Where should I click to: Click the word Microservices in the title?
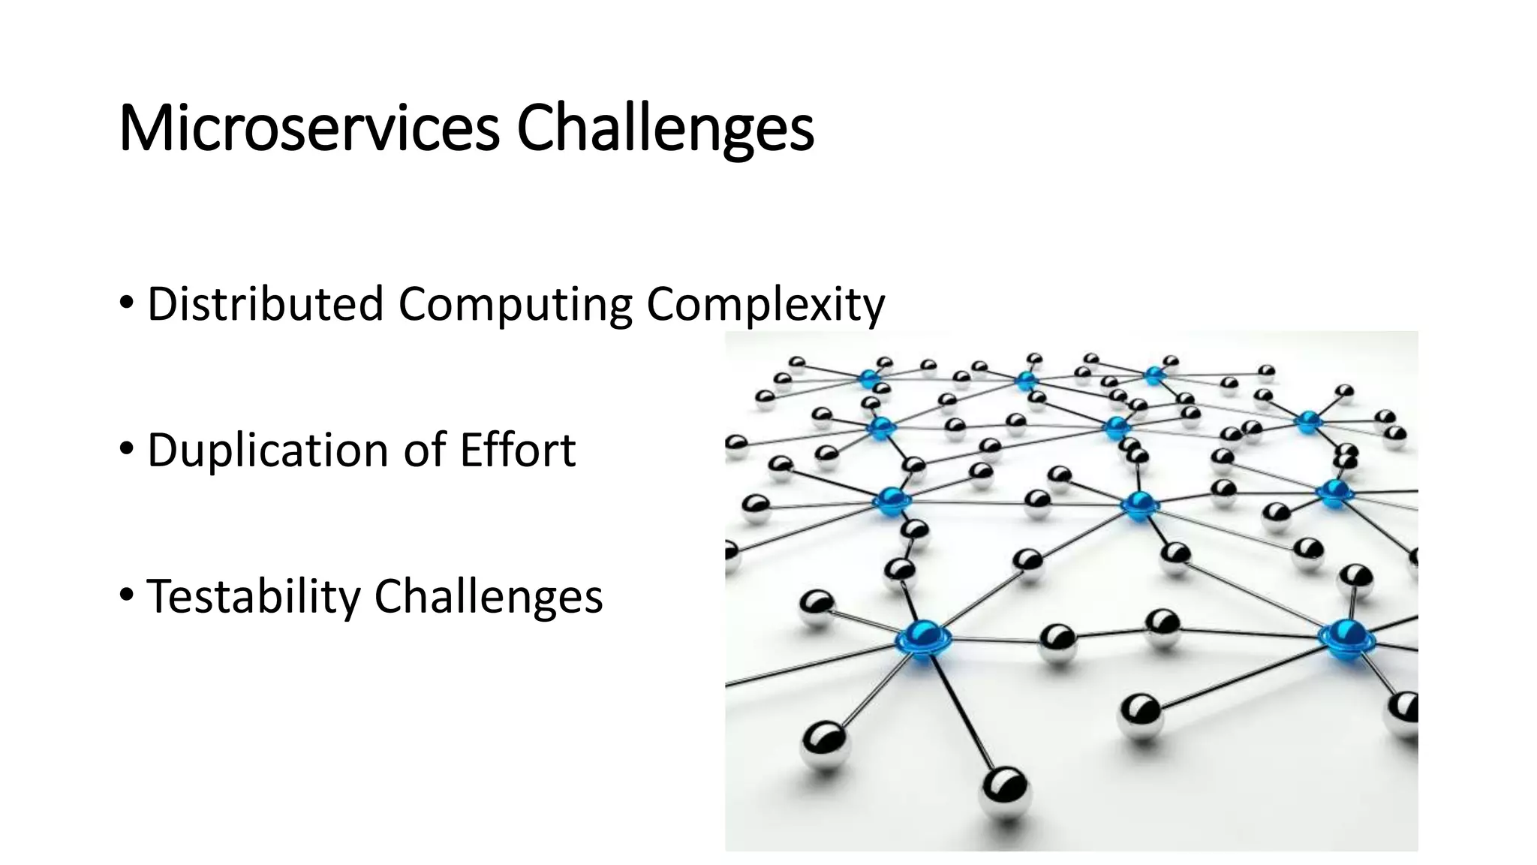[308, 128]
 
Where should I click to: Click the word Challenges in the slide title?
[665, 128]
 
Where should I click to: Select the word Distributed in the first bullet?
[265, 304]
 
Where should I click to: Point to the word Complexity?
[765, 304]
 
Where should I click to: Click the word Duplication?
[268, 450]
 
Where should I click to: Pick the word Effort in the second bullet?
[518, 450]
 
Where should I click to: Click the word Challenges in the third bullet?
[489, 596]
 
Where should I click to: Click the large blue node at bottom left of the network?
[922, 637]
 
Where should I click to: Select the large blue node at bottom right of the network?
[1346, 637]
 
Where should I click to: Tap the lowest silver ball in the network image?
[1004, 790]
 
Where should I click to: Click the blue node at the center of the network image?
[1138, 504]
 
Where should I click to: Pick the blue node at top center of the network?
[1026, 380]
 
